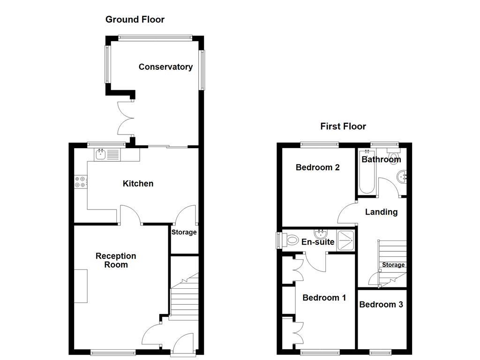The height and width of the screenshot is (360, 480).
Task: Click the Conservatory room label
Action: (x=165, y=67)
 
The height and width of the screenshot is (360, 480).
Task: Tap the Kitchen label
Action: (x=138, y=183)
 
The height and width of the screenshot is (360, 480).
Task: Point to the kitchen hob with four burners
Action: (x=80, y=181)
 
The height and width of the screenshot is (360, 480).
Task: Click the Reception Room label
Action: (x=116, y=260)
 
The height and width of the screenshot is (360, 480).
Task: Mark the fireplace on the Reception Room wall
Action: (x=81, y=286)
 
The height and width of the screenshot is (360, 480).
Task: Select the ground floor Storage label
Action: (x=184, y=232)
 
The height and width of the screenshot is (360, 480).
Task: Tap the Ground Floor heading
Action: (x=135, y=19)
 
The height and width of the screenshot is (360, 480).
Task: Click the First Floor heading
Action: (x=343, y=126)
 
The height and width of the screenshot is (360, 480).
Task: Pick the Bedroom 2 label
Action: (x=317, y=167)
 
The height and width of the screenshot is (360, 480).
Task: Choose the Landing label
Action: (x=381, y=212)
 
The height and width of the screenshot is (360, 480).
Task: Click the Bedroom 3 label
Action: (x=381, y=304)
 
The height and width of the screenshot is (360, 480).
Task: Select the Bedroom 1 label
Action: (x=324, y=298)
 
